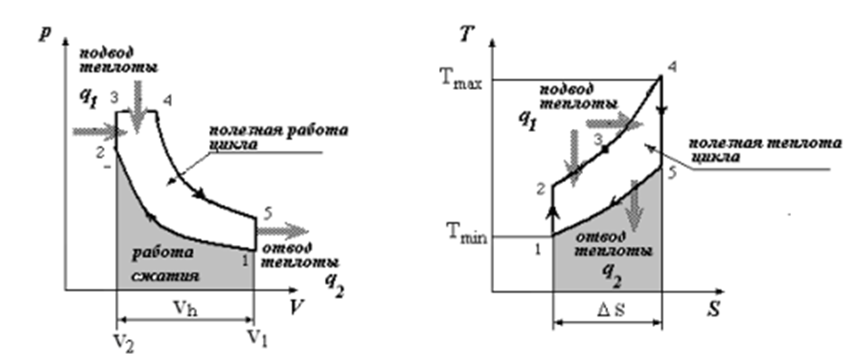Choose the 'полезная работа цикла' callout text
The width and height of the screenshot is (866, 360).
tap(277, 138)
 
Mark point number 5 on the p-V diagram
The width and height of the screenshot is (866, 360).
tap(266, 212)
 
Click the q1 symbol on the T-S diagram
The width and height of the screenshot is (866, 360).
tap(523, 122)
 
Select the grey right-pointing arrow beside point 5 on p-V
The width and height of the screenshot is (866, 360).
tap(283, 232)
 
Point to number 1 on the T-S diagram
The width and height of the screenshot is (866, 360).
tap(538, 249)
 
